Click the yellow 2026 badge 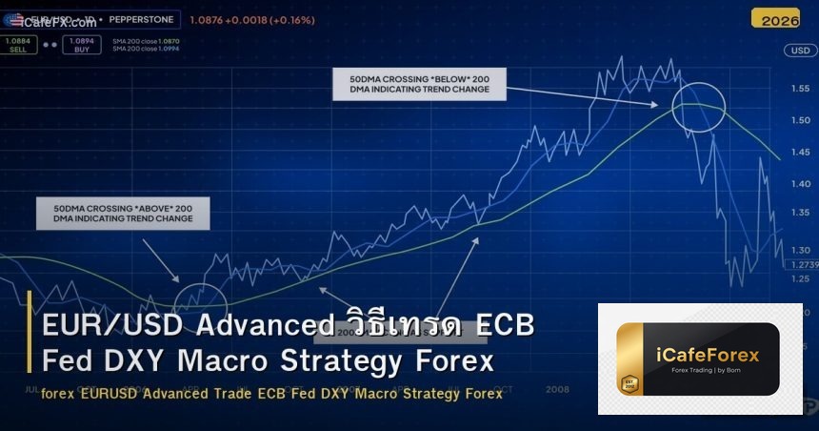click(774, 18)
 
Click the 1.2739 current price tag click(804, 264)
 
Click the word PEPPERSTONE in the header click(140, 19)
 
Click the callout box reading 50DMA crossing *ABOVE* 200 click(122, 213)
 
